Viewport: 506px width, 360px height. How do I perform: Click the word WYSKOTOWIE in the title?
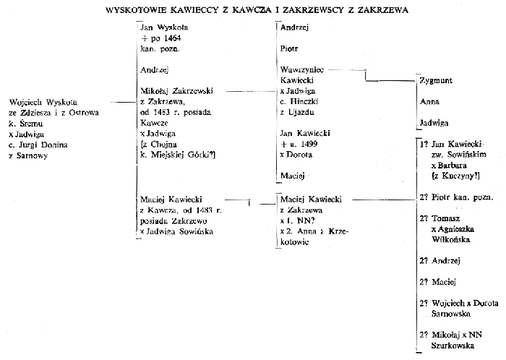tap(136, 10)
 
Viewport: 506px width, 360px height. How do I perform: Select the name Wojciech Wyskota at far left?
tap(43, 102)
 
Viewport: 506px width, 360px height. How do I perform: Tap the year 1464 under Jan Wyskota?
tap(172, 38)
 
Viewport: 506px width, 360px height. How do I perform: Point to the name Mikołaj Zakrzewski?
tap(176, 91)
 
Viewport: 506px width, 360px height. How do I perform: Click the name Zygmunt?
tap(436, 81)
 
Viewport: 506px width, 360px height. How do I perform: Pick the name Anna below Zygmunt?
tap(429, 102)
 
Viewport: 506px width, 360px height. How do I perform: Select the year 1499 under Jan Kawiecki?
tap(309, 144)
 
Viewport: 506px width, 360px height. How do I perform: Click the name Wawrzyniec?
tap(302, 69)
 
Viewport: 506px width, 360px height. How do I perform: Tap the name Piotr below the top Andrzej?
tap(289, 48)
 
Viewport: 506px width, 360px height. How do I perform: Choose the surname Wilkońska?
tap(451, 240)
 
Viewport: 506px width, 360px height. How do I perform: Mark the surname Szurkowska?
tap(453, 346)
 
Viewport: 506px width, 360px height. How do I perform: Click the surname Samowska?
tap(451, 314)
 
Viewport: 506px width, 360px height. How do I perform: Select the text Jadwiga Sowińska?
tap(180, 231)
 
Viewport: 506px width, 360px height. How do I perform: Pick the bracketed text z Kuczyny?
tap(455, 176)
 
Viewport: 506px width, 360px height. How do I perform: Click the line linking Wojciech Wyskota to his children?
tap(124, 102)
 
